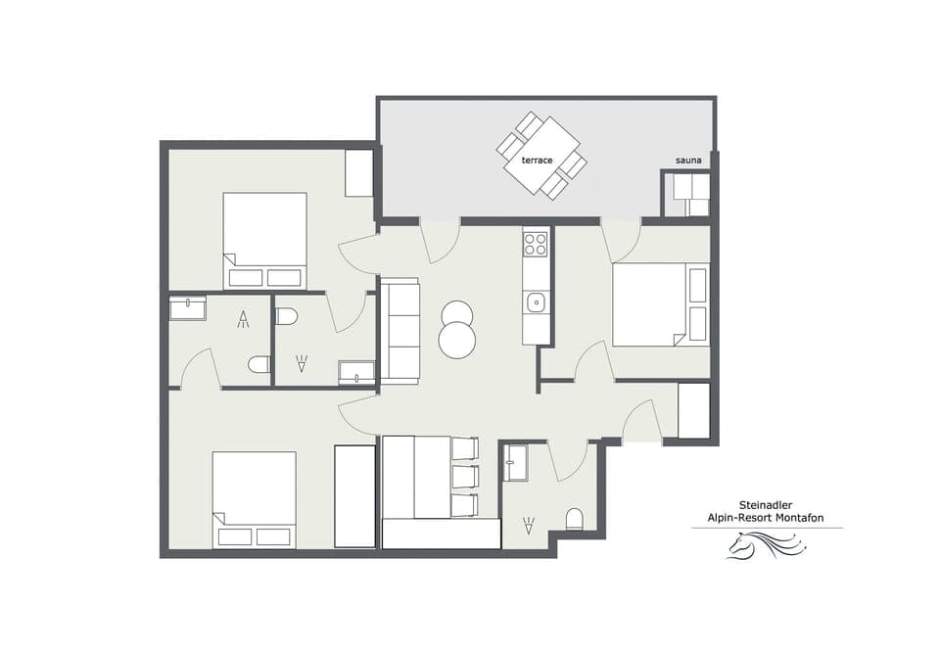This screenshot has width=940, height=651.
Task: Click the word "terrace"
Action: tap(537, 160)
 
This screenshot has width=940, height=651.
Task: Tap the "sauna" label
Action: tap(687, 161)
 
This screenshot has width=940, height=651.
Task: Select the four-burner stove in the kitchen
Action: tap(535, 243)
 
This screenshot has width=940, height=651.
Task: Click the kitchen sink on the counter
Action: tap(535, 302)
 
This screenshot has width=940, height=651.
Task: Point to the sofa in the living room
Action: tap(399, 331)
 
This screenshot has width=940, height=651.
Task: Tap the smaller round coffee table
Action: tap(456, 313)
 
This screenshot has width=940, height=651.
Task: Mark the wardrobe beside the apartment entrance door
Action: tap(693, 411)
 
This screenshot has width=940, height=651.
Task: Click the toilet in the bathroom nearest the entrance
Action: tap(575, 518)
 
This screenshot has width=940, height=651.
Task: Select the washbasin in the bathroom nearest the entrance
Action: tap(515, 463)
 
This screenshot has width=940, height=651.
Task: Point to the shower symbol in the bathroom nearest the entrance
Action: tap(529, 526)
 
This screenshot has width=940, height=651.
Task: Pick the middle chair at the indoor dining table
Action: tap(465, 477)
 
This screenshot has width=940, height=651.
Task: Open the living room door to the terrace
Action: tap(440, 240)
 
